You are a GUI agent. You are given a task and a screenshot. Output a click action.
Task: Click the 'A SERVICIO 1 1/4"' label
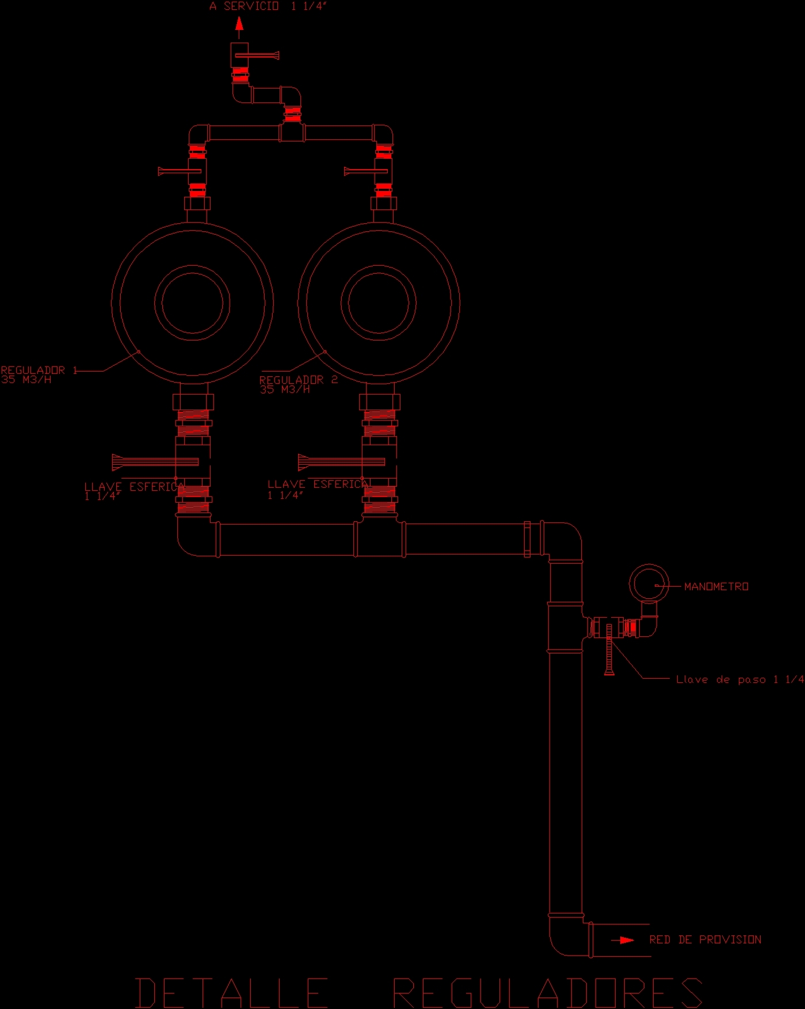pos(268,6)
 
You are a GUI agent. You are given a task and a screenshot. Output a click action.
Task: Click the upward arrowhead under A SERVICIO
pos(239,24)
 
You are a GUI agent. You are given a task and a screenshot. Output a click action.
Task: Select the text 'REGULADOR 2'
pos(298,380)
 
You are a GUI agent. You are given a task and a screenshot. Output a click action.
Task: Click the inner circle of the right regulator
pos(379,303)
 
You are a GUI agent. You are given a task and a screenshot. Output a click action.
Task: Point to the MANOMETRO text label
pos(716,586)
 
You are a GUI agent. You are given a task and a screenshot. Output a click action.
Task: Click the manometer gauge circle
pos(648,583)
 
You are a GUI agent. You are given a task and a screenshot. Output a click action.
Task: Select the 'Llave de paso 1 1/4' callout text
pos(739,679)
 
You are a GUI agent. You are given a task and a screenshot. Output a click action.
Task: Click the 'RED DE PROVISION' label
pos(705,939)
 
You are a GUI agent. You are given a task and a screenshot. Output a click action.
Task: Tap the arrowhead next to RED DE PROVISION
pos(626,940)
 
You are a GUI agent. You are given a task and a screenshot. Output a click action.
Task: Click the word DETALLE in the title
pos(231,992)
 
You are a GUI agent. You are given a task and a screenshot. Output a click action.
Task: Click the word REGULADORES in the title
pos(547,992)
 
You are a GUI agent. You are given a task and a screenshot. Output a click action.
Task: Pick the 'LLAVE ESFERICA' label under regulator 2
pos(317,484)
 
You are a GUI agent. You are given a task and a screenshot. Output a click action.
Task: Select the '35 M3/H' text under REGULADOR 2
pos(284,389)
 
